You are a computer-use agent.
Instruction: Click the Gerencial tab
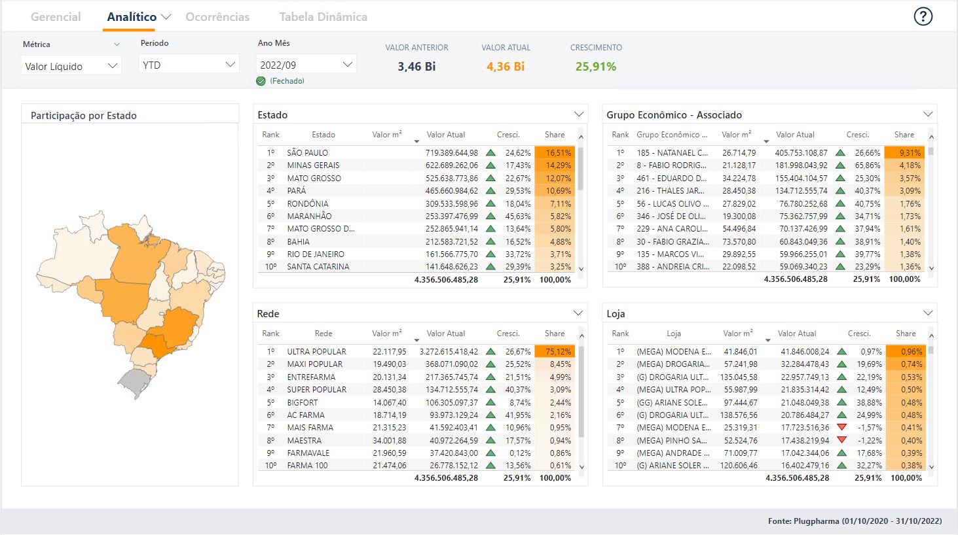click(56, 17)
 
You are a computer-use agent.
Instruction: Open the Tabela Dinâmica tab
click(323, 17)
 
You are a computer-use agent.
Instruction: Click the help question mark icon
click(923, 17)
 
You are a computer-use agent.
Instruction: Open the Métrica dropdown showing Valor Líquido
click(71, 66)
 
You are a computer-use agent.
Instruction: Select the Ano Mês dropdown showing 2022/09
click(306, 65)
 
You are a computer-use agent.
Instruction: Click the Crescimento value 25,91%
click(595, 67)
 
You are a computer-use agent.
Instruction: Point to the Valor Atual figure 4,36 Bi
click(505, 67)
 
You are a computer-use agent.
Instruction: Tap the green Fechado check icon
click(261, 81)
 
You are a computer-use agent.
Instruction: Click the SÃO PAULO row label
click(307, 153)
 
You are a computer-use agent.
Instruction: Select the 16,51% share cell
click(555, 153)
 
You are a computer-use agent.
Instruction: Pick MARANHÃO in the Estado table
click(309, 216)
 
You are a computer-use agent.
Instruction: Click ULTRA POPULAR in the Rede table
click(316, 352)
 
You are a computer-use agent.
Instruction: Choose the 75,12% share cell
click(555, 352)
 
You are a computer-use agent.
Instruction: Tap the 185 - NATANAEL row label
click(672, 153)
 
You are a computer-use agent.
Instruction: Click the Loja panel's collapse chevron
click(927, 313)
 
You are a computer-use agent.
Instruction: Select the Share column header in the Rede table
click(554, 334)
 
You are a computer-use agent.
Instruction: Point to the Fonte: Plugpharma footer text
click(855, 521)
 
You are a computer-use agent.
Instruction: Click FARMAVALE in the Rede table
click(308, 453)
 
